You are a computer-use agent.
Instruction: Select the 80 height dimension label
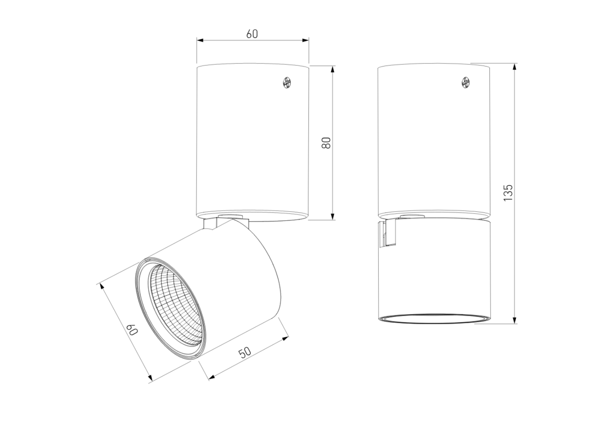click(x=326, y=142)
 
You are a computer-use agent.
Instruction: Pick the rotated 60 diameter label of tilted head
click(x=132, y=330)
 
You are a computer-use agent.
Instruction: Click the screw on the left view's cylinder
click(x=287, y=83)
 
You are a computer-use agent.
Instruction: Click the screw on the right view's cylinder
click(x=466, y=83)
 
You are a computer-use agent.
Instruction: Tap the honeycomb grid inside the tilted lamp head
click(x=175, y=304)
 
